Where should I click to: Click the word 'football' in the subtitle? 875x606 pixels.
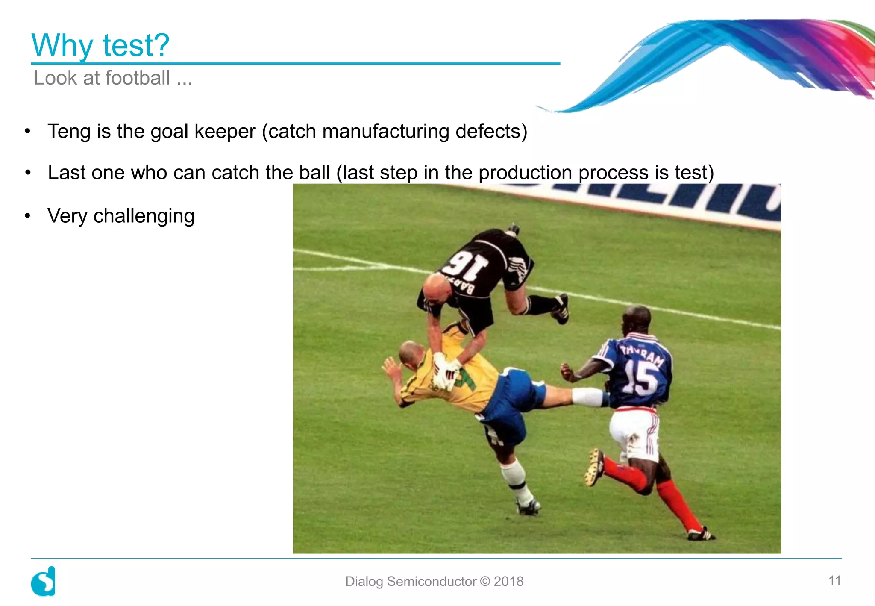(x=138, y=78)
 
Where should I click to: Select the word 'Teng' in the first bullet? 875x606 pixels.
(x=68, y=131)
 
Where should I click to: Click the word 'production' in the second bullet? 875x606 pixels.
(x=525, y=173)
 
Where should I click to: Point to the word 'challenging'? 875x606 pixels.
(x=144, y=216)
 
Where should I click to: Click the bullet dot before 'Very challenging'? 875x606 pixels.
(x=28, y=216)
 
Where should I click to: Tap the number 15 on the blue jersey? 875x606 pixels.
(x=640, y=378)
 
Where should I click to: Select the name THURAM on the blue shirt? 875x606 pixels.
(x=642, y=354)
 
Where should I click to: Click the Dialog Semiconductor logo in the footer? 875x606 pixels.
(x=44, y=581)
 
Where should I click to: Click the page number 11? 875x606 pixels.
(x=834, y=581)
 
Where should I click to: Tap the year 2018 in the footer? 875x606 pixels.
(x=508, y=582)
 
